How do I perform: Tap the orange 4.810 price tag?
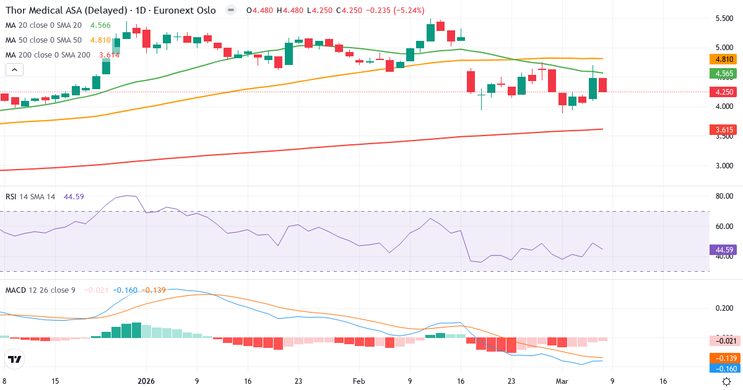(721, 59)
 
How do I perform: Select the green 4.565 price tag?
(721, 73)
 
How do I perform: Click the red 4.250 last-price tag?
(721, 92)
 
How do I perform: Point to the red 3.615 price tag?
(721, 130)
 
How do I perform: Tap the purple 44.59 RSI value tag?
(721, 250)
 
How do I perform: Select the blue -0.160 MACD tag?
(721, 369)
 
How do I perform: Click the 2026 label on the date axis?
(146, 381)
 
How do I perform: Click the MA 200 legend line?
(48, 54)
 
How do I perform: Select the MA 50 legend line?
(43, 40)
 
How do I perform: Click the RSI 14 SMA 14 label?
(30, 196)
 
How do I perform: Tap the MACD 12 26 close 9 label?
(40, 290)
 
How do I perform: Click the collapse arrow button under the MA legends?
(14, 70)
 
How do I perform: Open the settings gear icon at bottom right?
(728, 381)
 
